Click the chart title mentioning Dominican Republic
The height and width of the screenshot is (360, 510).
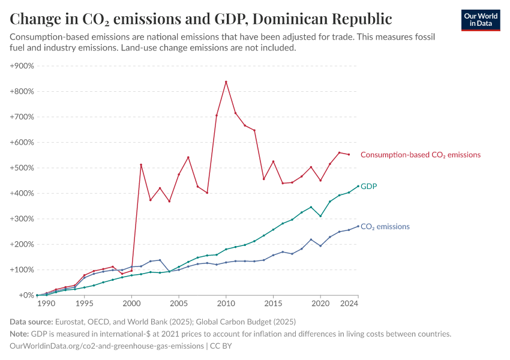(201, 19)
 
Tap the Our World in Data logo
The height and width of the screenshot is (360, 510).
(481, 20)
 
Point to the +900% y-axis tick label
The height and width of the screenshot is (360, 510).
(22, 66)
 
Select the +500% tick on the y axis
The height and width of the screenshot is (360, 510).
(22, 168)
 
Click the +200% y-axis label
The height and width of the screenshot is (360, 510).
(22, 244)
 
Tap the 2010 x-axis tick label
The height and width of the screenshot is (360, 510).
(226, 305)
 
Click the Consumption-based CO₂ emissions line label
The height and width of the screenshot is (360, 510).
(421, 155)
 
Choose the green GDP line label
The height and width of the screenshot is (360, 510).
(368, 187)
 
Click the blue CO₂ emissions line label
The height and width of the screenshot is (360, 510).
(385, 227)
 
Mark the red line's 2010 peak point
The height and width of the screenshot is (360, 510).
(226, 82)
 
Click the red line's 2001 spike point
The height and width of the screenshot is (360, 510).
(141, 165)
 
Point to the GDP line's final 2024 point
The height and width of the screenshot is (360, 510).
(358, 186)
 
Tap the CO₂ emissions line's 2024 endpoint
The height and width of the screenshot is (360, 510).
(358, 226)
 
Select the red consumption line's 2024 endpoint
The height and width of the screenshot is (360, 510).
(349, 154)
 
